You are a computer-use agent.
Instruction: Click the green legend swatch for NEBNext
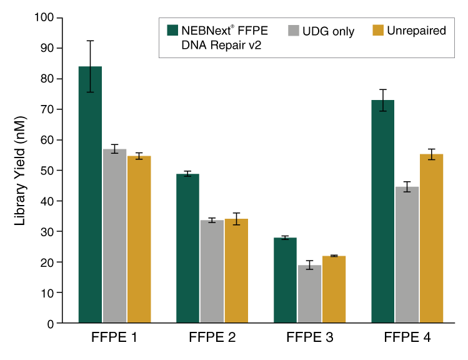pos(172,30)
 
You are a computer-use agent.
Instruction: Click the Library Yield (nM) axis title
pos(20,170)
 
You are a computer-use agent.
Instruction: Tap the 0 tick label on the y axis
pos(51,324)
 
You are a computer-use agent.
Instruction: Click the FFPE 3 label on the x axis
pos(310,339)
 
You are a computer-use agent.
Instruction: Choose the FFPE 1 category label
pos(114,339)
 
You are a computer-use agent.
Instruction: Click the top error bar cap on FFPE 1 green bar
pos(90,41)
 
